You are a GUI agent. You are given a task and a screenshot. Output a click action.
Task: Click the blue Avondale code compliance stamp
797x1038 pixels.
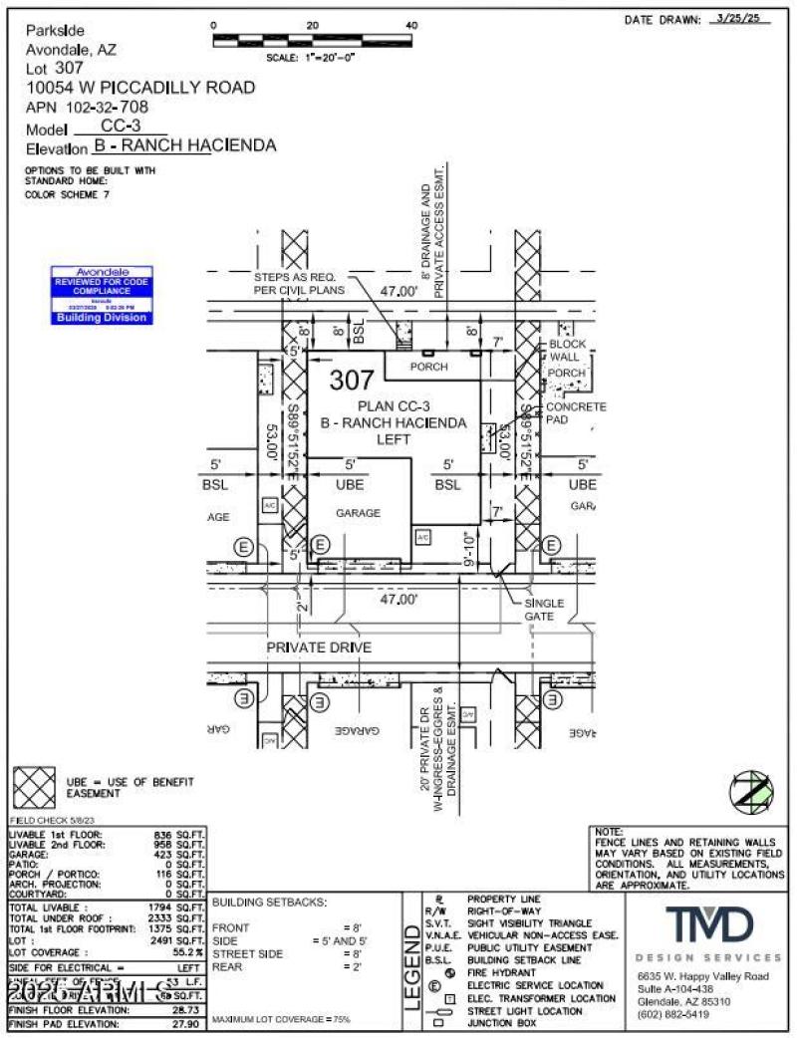[103, 295]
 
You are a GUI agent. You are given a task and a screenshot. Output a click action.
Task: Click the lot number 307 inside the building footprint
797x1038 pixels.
[353, 381]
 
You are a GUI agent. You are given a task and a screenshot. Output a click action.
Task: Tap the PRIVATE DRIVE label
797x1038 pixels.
[319, 648]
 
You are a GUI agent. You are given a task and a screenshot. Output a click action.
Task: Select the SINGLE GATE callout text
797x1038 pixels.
[544, 610]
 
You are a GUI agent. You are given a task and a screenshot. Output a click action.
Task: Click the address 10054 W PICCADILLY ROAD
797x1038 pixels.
[139, 88]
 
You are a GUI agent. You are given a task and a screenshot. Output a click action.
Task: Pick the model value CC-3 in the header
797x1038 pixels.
[122, 127]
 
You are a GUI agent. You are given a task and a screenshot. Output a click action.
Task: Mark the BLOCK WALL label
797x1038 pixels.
[568, 351]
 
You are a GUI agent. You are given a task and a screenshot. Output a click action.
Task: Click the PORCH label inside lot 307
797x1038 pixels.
[431, 367]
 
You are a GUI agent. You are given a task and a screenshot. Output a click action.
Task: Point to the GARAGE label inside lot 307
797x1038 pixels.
[358, 513]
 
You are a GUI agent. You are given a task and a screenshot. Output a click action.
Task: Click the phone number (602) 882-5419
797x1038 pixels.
[673, 1015]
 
